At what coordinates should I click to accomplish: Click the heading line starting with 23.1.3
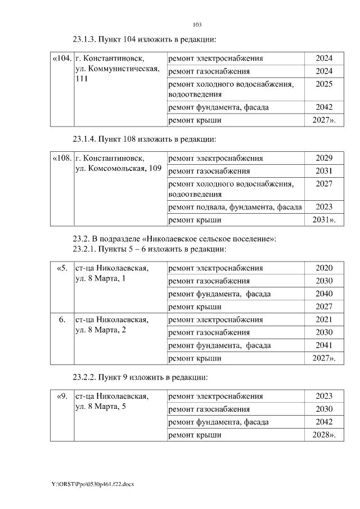tap(145, 39)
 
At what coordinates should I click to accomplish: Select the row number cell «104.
tap(62, 58)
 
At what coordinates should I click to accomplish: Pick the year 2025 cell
tap(324, 84)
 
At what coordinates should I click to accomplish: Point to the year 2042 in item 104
tap(324, 107)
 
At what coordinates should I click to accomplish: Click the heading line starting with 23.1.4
tap(145, 138)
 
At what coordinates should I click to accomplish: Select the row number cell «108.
tap(62, 158)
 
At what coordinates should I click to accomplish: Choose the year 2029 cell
tap(324, 158)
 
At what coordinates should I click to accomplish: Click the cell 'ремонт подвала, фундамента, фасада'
tap(235, 207)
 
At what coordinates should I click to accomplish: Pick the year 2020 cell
tap(324, 268)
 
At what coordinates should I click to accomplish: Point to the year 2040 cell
tap(324, 294)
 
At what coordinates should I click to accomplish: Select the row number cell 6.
tap(62, 319)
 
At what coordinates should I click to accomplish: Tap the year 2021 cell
tap(324, 319)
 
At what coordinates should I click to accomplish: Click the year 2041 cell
tap(324, 345)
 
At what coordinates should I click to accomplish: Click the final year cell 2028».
tap(324, 435)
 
